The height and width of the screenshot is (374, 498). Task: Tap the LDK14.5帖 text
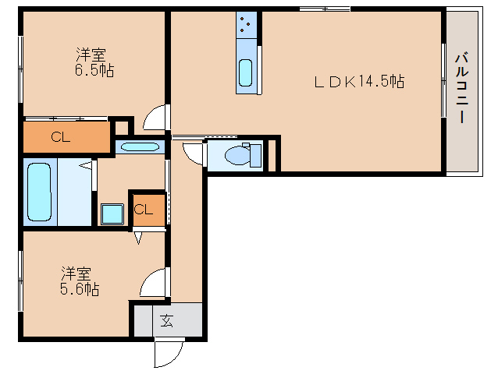(x=359, y=81)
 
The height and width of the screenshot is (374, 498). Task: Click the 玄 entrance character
(x=167, y=319)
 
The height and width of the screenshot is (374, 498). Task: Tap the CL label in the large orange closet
(x=60, y=138)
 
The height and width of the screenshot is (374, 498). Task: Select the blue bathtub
(x=39, y=191)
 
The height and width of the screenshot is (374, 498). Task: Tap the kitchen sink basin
(x=246, y=73)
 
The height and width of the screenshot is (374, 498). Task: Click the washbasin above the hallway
(x=140, y=146)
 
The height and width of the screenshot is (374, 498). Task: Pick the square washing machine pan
(x=112, y=214)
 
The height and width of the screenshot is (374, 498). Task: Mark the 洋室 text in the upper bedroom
(x=91, y=55)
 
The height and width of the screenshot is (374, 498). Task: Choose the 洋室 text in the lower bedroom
(x=77, y=273)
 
